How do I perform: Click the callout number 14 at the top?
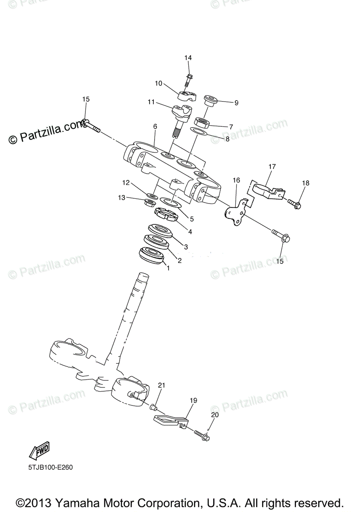point(188,58)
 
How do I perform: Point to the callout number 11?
point(151,102)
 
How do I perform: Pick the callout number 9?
point(236,103)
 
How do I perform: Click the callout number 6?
point(155,127)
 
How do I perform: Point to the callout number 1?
point(168,268)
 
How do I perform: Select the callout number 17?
point(272,166)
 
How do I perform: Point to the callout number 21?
point(161,385)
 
